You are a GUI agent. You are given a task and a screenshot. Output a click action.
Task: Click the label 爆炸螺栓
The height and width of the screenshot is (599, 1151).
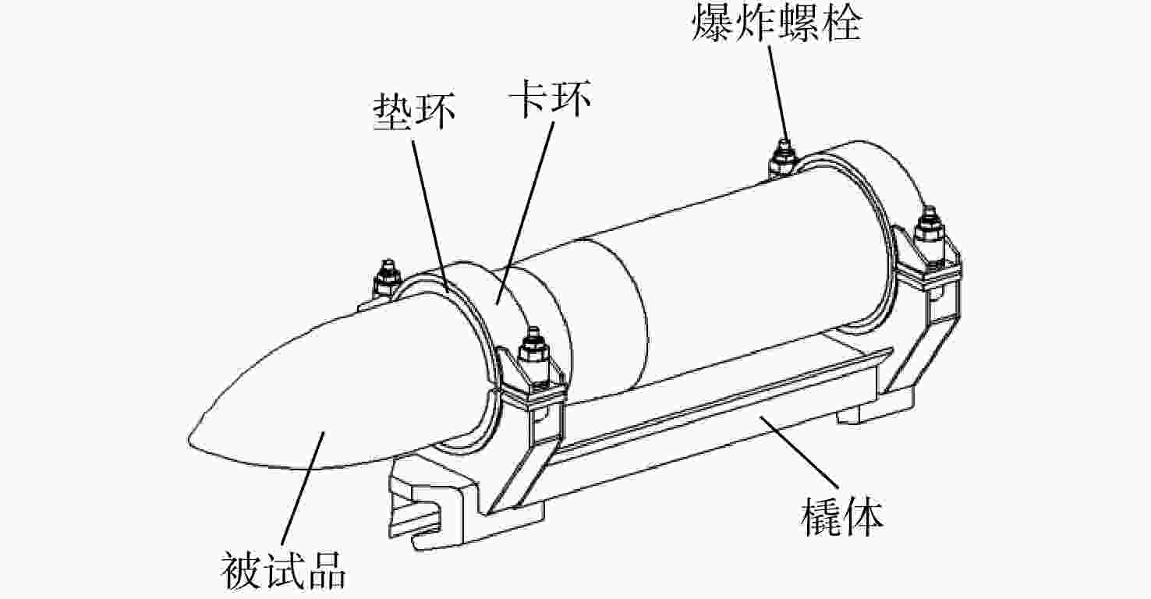click(x=777, y=23)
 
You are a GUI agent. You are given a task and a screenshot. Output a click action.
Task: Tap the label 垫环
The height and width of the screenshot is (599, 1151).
click(x=414, y=112)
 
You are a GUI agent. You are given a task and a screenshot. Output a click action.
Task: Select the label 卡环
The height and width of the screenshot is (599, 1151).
click(x=549, y=98)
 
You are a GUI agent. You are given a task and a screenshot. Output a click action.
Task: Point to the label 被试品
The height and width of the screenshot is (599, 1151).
click(x=283, y=571)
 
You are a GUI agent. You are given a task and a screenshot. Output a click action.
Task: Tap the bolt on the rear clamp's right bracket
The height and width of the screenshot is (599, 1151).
click(x=930, y=234)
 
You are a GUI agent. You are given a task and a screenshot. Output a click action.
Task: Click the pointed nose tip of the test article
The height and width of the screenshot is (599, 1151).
click(x=189, y=438)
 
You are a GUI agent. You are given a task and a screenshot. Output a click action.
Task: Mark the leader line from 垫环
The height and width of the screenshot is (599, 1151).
click(x=430, y=216)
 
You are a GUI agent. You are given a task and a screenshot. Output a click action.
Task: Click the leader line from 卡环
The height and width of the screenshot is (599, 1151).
click(x=525, y=210)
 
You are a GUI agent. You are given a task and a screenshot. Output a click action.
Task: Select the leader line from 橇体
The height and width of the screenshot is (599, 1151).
click(x=799, y=452)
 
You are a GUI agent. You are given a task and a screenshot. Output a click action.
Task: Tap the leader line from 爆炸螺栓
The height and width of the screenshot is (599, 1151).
click(x=777, y=93)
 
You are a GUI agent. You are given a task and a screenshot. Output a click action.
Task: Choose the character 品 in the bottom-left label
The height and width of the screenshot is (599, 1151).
click(x=327, y=571)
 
